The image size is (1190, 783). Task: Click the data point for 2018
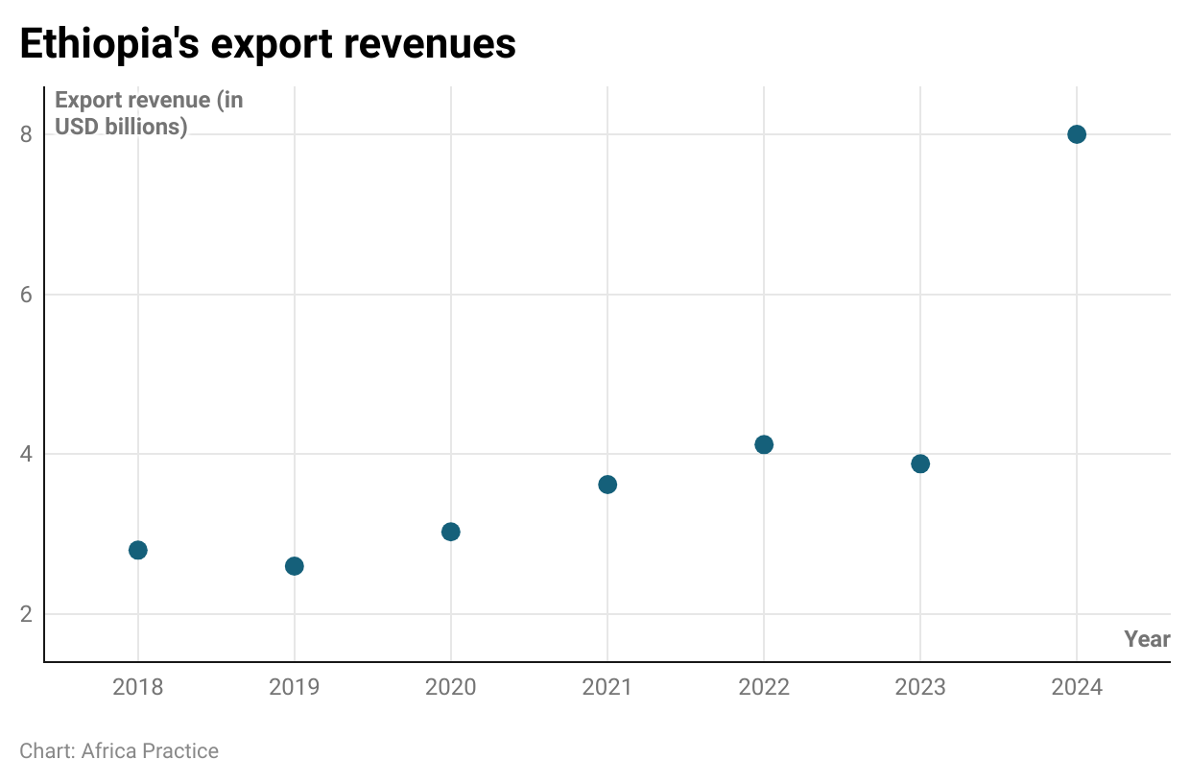pyautogui.click(x=137, y=550)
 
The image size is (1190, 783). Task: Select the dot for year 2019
pyautogui.click(x=295, y=566)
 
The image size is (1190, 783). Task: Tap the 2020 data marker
pyautogui.click(x=451, y=532)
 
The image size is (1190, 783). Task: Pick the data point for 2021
pyautogui.click(x=607, y=485)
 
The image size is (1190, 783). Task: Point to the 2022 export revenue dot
pyautogui.click(x=764, y=444)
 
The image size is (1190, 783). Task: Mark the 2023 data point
pyautogui.click(x=920, y=464)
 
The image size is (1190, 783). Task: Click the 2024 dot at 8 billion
pyautogui.click(x=1077, y=134)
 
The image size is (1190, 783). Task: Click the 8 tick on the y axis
pyautogui.click(x=26, y=134)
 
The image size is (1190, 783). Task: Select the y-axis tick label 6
pyautogui.click(x=26, y=295)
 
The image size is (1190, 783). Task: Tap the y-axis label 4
pyautogui.click(x=26, y=454)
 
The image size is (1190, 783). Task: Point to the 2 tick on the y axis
pyautogui.click(x=26, y=614)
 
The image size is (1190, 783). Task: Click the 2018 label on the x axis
pyautogui.click(x=137, y=687)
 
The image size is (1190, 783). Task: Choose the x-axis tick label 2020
pyautogui.click(x=451, y=687)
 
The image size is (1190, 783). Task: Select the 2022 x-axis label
pyautogui.click(x=764, y=687)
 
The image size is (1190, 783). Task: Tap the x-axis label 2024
pyautogui.click(x=1077, y=687)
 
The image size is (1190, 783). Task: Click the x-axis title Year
pyautogui.click(x=1147, y=639)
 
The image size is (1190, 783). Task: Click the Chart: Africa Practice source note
pyautogui.click(x=119, y=750)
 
